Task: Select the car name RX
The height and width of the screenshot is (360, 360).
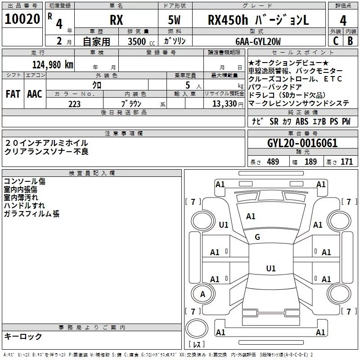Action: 117,21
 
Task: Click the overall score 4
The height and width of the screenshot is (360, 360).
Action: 343,20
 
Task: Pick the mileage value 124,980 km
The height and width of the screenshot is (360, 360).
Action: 52,64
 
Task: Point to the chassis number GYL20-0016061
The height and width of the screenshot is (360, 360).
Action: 302,143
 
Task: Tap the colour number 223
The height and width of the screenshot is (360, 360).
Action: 74,103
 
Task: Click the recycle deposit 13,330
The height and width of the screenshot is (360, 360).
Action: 223,103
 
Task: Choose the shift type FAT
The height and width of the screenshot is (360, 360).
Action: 13,94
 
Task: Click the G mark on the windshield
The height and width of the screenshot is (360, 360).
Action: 257,237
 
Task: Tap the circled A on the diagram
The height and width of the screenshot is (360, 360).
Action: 202,294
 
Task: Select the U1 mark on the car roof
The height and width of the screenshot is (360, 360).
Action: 270,269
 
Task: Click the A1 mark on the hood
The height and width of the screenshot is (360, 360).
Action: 251,216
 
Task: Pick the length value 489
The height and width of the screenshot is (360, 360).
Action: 271,162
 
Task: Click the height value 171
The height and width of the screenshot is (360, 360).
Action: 346,162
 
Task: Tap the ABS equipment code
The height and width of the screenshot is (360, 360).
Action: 302,121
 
